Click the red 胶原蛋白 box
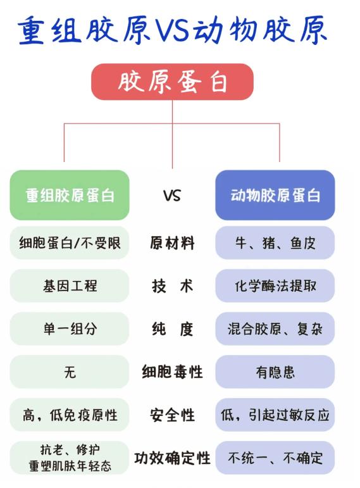(x=172, y=82)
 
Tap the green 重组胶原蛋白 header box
(x=70, y=195)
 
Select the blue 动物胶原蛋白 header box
(x=275, y=195)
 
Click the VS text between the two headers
(x=172, y=196)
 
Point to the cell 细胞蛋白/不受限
(x=70, y=243)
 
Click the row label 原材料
(x=172, y=243)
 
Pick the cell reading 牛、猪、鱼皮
(x=275, y=243)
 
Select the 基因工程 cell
(x=70, y=285)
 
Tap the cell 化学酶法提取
(x=275, y=285)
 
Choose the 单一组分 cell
(x=70, y=328)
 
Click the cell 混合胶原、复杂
(x=275, y=328)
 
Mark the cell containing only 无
(x=70, y=372)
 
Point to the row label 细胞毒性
(x=172, y=372)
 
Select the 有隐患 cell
(x=275, y=372)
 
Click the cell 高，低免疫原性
(x=70, y=415)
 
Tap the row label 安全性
(x=172, y=415)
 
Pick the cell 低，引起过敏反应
(x=275, y=415)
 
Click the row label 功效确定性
(x=172, y=458)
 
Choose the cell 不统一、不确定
(x=275, y=458)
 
